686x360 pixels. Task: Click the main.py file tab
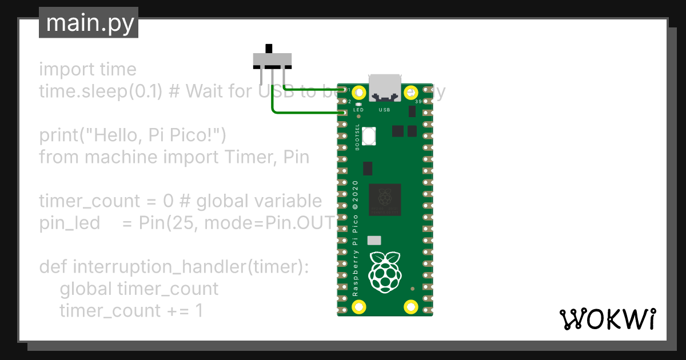89,23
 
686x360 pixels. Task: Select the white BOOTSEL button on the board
370,136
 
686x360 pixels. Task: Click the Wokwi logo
607,319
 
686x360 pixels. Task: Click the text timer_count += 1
131,311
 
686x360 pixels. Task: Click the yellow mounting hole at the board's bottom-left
359,307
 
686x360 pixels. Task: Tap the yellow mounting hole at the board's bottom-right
410,307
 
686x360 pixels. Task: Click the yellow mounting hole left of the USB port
359,92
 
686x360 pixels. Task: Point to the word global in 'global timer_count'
85,289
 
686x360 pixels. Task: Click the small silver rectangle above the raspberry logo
374,241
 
